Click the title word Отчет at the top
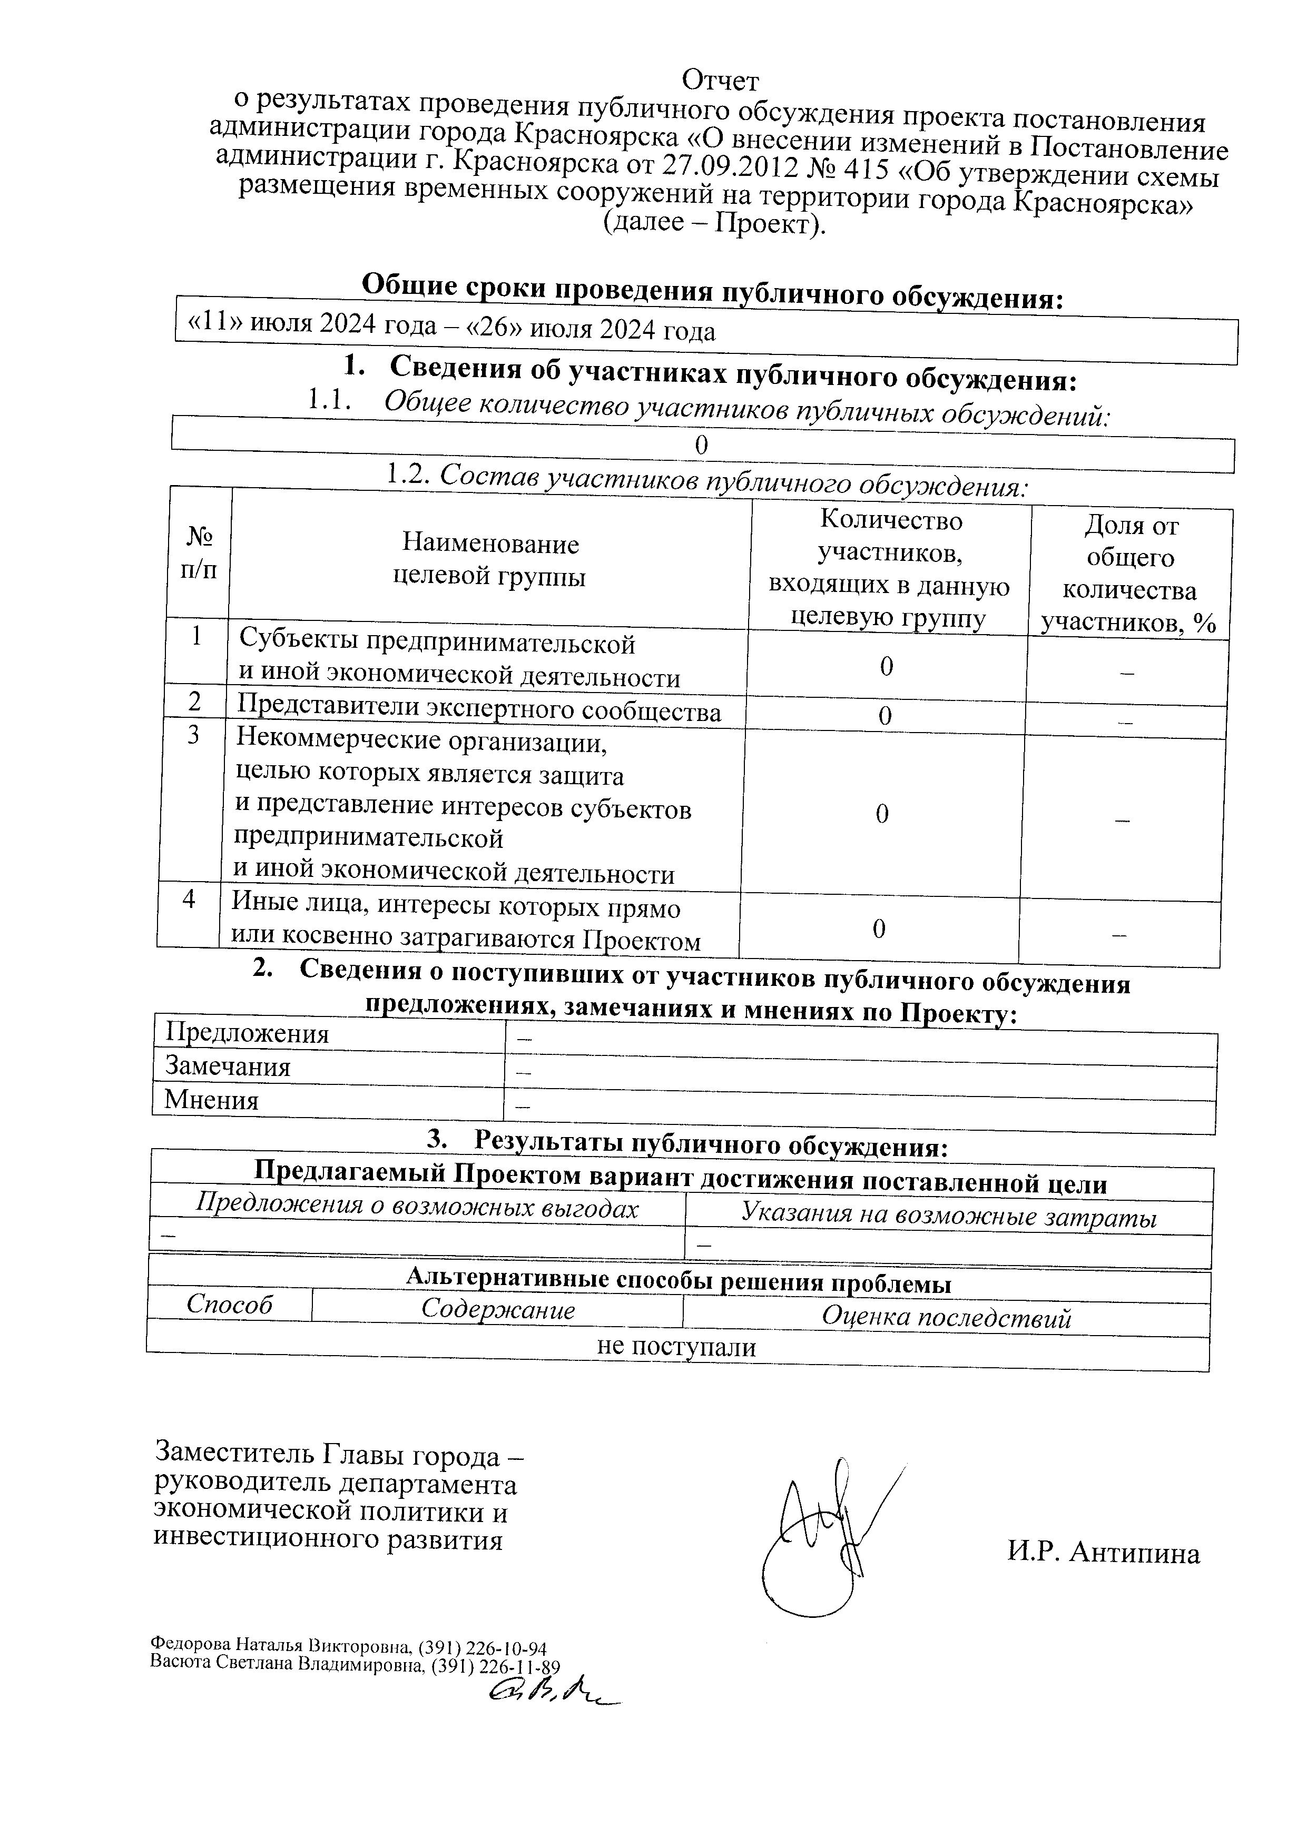click(x=720, y=81)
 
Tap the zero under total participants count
click(x=702, y=445)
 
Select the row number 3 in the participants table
click(x=194, y=735)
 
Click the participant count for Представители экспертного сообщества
click(x=885, y=715)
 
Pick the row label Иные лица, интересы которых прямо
click(x=456, y=908)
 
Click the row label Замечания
click(x=228, y=1066)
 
